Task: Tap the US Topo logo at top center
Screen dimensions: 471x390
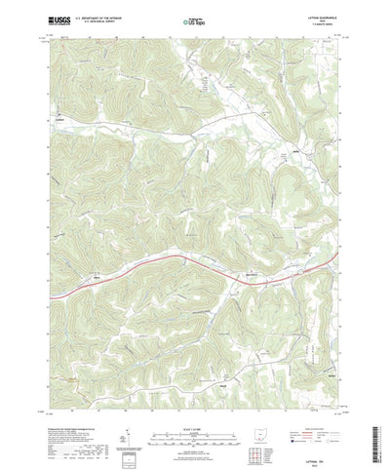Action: coord(195,20)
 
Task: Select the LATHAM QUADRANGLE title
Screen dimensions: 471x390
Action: coord(314,17)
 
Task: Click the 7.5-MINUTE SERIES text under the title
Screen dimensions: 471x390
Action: coord(317,24)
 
